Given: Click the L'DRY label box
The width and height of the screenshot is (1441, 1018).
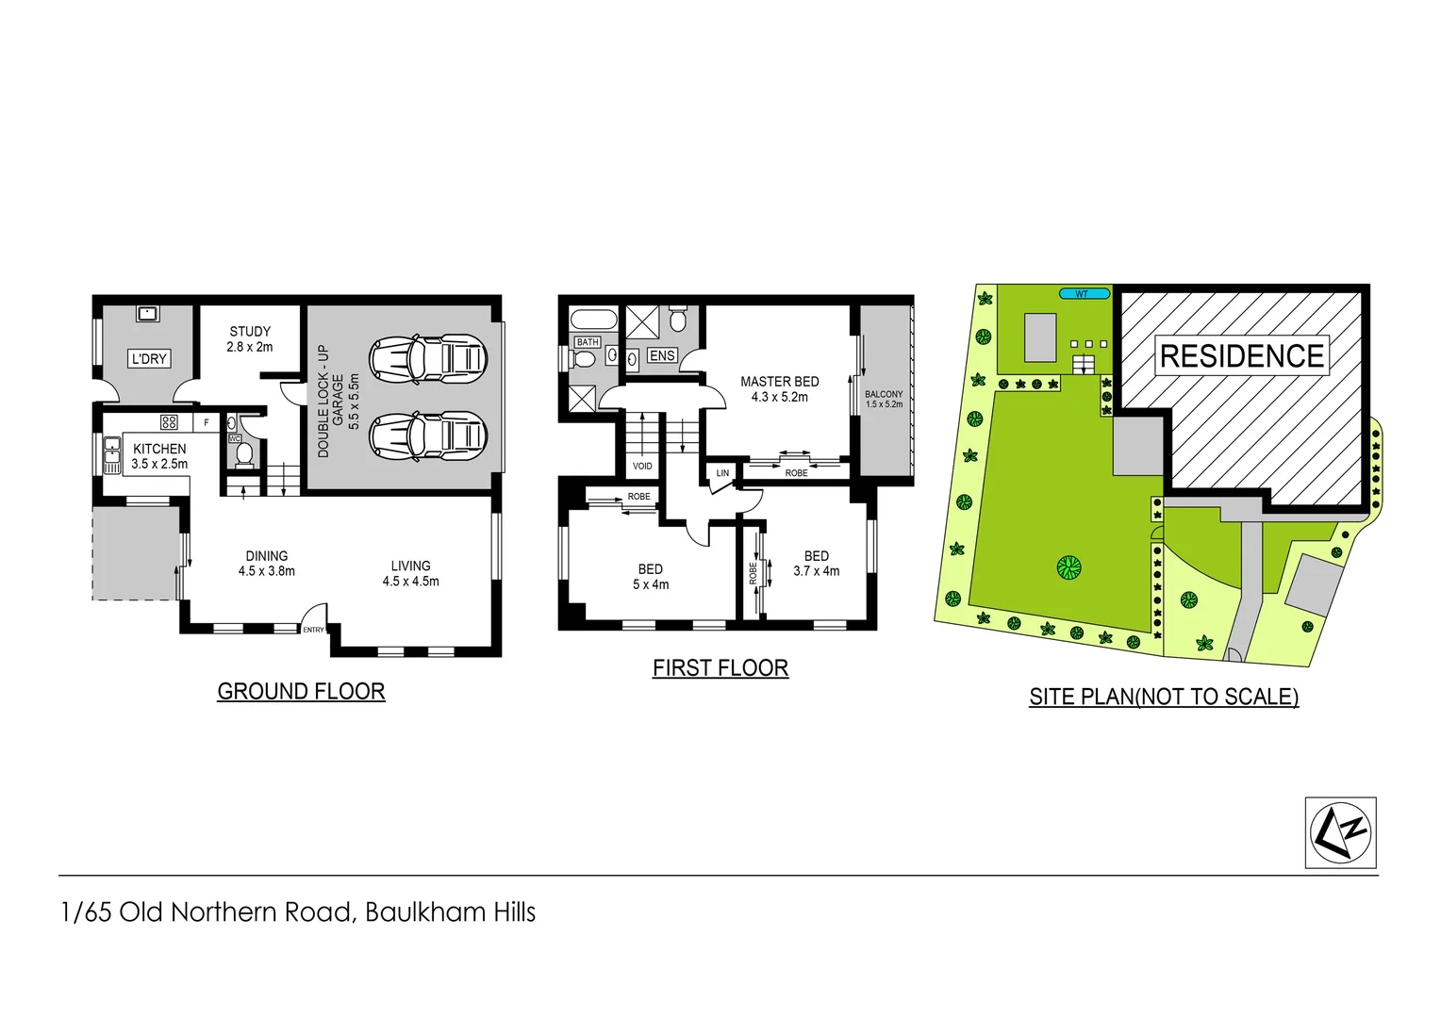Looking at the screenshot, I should point(149,358).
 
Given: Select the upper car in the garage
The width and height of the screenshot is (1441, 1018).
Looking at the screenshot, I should point(427,357).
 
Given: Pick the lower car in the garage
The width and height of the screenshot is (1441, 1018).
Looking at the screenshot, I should point(427,435).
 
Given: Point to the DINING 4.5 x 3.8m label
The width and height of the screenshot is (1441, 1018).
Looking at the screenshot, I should point(267,564).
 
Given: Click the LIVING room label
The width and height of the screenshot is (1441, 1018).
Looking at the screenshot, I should point(410,573).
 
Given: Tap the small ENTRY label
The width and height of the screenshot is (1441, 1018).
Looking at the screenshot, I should point(313,630).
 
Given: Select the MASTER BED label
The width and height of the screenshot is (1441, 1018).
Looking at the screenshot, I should point(779,388).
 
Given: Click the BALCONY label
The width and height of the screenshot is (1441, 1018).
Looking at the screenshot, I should point(884,399).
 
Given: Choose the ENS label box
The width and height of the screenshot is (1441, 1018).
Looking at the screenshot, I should point(662,355).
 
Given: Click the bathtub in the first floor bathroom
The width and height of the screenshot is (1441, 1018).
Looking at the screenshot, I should point(594,319).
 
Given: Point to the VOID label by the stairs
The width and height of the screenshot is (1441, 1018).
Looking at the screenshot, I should point(642,466).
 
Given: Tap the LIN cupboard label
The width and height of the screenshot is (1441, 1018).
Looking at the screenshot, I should point(722,473).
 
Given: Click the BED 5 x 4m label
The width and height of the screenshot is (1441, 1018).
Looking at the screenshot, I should point(651,577).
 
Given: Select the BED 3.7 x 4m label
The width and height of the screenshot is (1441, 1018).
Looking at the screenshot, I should point(817,564).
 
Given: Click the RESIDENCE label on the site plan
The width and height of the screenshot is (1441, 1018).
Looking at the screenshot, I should point(1242,356).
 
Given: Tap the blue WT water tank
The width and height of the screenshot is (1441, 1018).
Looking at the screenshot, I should point(1083,294).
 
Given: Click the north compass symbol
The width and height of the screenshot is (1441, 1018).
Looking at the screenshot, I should point(1340,832).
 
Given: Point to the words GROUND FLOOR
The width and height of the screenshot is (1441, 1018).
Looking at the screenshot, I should point(301,691).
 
